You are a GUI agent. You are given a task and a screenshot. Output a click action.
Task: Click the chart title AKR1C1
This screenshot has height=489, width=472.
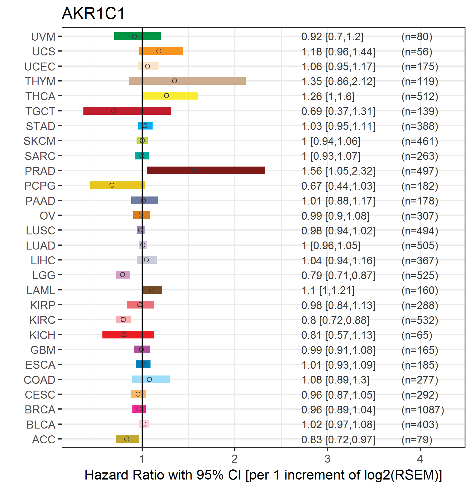pyautogui.click(x=93, y=14)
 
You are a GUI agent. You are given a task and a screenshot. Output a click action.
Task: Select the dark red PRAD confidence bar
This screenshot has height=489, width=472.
pyautogui.click(x=206, y=170)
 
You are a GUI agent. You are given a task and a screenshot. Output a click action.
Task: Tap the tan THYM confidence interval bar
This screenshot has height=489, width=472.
pyautogui.click(x=187, y=81)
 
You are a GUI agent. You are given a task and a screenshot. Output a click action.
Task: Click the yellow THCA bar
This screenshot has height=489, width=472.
pyautogui.click(x=170, y=96)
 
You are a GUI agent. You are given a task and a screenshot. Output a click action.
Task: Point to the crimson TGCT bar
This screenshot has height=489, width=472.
pyautogui.click(x=127, y=111)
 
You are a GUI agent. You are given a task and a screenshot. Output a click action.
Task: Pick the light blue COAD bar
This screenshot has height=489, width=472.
pyautogui.click(x=151, y=379)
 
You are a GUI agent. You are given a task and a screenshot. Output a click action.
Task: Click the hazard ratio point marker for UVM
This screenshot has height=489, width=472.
pyautogui.click(x=134, y=36)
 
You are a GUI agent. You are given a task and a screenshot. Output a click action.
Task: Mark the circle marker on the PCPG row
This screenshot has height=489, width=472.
pyautogui.click(x=112, y=185)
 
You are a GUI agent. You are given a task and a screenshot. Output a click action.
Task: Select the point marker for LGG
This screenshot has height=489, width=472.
pyautogui.click(x=123, y=275)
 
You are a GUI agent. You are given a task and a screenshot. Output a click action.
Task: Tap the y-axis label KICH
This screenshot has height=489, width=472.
pyautogui.click(x=42, y=335)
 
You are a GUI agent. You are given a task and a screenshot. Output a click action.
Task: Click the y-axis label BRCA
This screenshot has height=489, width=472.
pyautogui.click(x=40, y=410)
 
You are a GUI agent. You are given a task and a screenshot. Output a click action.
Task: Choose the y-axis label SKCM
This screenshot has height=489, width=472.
pyautogui.click(x=39, y=141)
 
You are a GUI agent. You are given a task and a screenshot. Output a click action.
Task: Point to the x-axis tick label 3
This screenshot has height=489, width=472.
pyautogui.click(x=327, y=459)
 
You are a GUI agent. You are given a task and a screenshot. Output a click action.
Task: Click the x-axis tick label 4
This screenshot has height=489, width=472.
pyautogui.click(x=420, y=459)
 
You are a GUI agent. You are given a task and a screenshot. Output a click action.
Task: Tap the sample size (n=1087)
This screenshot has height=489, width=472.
pyautogui.click(x=423, y=410)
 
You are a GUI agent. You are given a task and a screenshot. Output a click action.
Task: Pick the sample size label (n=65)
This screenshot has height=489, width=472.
pyautogui.click(x=417, y=335)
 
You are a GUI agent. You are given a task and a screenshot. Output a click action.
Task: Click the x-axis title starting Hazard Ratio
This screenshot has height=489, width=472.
pyautogui.click(x=263, y=475)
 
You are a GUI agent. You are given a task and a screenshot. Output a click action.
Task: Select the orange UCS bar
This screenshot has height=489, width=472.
pyautogui.click(x=161, y=51)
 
